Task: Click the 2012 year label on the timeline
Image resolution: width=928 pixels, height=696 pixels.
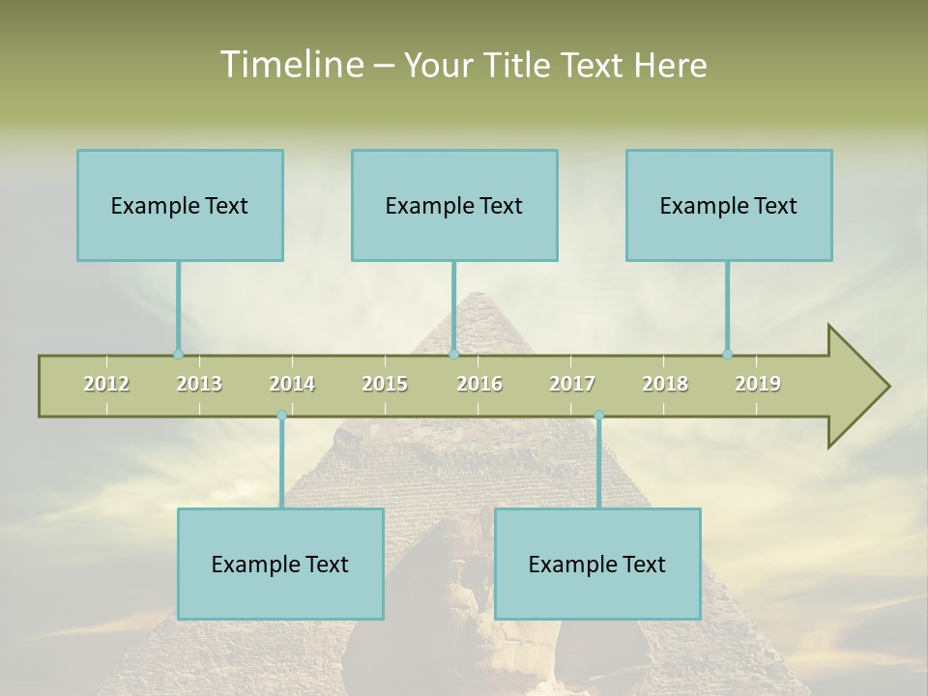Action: (x=106, y=384)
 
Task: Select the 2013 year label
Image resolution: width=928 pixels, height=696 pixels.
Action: (x=199, y=384)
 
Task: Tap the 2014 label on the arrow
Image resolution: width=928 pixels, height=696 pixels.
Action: (x=292, y=384)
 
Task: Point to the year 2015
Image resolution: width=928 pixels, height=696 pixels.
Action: (x=385, y=384)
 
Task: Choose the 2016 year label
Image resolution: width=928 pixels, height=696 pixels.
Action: (x=479, y=384)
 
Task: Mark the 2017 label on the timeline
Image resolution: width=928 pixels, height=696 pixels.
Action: (x=572, y=384)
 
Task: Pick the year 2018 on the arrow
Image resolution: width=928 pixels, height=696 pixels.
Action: (x=665, y=384)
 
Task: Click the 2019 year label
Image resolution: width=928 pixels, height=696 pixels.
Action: (x=758, y=384)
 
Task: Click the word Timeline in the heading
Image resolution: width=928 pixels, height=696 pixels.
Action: (x=290, y=65)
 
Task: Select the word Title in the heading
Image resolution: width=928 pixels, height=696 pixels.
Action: (x=518, y=66)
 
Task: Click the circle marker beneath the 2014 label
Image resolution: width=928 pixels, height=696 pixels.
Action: (x=281, y=415)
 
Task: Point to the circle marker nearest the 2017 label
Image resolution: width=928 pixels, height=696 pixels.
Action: (x=598, y=415)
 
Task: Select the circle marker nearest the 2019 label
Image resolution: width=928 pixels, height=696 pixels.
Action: (x=727, y=354)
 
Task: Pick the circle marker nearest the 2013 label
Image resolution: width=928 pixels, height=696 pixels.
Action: (x=178, y=354)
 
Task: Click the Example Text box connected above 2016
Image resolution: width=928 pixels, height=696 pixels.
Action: (x=454, y=205)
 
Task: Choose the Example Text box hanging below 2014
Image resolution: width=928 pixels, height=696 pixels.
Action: (x=280, y=564)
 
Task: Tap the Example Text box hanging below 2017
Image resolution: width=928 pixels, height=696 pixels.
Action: (x=597, y=564)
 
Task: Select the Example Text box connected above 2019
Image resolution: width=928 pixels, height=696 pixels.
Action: (x=729, y=205)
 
